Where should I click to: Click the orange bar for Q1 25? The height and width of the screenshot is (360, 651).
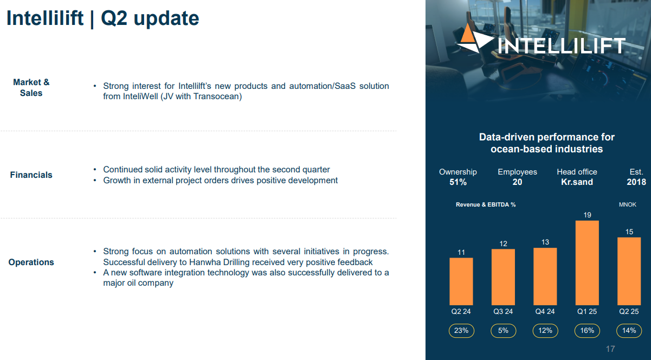coord(587,262)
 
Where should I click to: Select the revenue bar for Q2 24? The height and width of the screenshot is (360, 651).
coord(461,281)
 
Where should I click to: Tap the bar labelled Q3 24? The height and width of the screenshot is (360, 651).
coord(503,277)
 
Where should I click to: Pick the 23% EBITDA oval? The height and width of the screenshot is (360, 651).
coord(461,331)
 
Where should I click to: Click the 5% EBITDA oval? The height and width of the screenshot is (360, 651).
coord(504,331)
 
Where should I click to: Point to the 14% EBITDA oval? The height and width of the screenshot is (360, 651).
coord(629,331)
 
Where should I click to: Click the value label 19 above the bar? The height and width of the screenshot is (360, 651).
coord(588,215)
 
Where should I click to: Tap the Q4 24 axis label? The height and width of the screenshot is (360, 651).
coord(545,311)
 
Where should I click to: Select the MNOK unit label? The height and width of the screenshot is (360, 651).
coord(628,205)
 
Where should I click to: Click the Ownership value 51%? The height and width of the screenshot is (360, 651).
coord(458,182)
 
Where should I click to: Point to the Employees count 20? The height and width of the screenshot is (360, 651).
coord(517,182)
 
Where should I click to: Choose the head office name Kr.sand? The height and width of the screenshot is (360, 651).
coord(577,182)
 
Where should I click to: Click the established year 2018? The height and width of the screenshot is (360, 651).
coord(636,182)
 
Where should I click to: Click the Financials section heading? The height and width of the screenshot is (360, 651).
coord(31,175)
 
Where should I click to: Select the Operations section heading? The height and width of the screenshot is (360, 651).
coord(31,262)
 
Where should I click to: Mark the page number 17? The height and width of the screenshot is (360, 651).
coord(610,349)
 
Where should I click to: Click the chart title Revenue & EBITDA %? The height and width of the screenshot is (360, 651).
coord(486,205)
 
